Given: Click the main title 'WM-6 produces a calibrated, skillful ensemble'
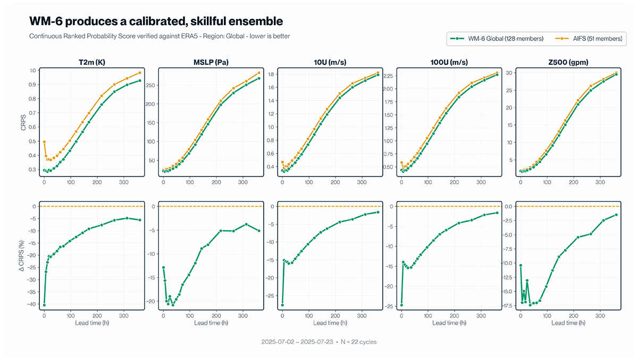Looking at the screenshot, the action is [x=156, y=21].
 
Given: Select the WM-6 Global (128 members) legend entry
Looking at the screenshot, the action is [x=497, y=39].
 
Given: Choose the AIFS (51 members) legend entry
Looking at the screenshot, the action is [x=589, y=39].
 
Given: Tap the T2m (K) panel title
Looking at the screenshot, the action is [x=92, y=62].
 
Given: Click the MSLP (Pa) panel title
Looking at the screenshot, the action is [x=211, y=62].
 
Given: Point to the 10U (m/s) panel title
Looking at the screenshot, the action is [x=330, y=62].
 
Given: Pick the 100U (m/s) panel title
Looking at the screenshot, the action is [x=449, y=62].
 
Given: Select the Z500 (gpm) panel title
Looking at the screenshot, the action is [x=568, y=62].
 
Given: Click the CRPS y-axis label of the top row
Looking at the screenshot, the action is [x=23, y=122].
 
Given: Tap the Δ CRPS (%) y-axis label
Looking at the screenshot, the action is [x=22, y=256].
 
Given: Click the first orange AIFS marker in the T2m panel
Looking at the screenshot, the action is [x=44, y=142].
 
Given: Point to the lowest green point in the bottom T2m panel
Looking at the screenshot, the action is [x=44, y=305].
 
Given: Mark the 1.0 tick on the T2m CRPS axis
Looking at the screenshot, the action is [x=33, y=71].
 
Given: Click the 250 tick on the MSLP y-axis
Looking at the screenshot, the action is [x=150, y=86].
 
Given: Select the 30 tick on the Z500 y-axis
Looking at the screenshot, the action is [x=509, y=73].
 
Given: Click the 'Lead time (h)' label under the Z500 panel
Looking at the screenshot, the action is [x=568, y=323].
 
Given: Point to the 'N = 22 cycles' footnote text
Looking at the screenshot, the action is [x=358, y=342].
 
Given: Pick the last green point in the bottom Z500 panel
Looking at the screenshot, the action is [x=616, y=215].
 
